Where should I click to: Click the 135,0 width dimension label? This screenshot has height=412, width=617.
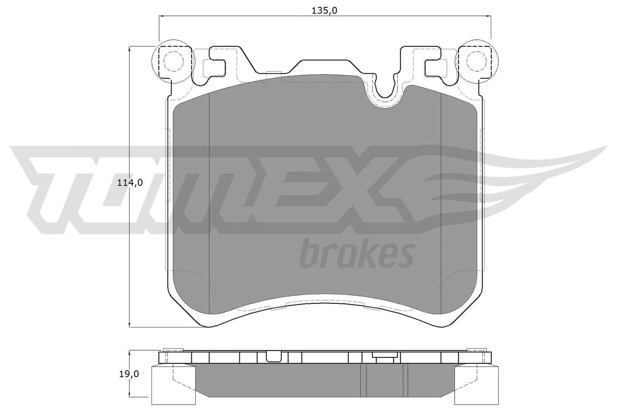click(324, 11)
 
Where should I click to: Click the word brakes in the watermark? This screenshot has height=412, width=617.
click(356, 253)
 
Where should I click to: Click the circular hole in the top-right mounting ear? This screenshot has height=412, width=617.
click(475, 61)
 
